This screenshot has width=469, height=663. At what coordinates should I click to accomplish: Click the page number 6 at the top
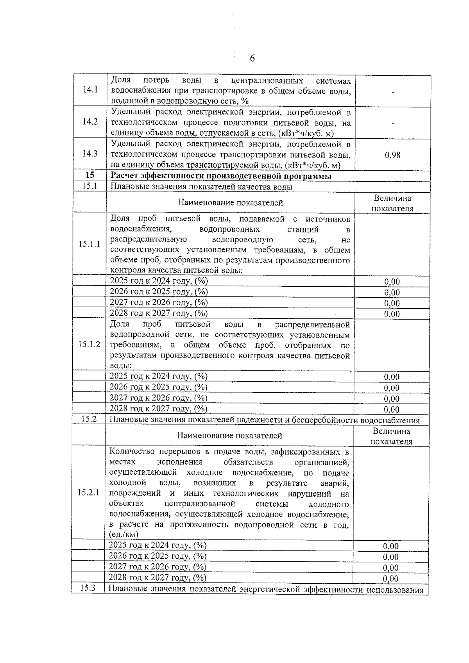(252, 59)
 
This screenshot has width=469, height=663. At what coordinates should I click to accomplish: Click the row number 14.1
(90, 90)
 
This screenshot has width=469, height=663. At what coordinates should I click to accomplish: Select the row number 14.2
(90, 122)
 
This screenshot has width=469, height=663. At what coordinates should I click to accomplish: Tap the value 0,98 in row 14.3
(392, 155)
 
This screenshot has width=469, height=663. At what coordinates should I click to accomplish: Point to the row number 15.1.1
(90, 244)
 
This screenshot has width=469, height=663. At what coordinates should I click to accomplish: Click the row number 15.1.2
(89, 345)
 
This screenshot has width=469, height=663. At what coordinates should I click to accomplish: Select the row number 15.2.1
(88, 493)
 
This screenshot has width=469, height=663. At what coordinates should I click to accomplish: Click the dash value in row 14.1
(393, 93)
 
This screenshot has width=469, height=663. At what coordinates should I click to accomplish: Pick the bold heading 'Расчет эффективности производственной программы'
(221, 176)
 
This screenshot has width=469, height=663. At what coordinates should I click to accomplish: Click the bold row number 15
(90, 176)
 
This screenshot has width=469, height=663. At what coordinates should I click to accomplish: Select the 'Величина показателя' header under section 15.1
(392, 204)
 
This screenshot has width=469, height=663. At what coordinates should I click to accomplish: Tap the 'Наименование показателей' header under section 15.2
(229, 435)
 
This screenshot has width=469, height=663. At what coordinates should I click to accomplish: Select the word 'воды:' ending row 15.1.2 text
(121, 366)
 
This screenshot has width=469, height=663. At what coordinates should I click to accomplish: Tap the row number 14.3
(90, 154)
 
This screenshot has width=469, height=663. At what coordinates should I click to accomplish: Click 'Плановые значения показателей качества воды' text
(201, 187)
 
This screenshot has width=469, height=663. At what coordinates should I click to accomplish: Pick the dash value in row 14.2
(393, 124)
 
